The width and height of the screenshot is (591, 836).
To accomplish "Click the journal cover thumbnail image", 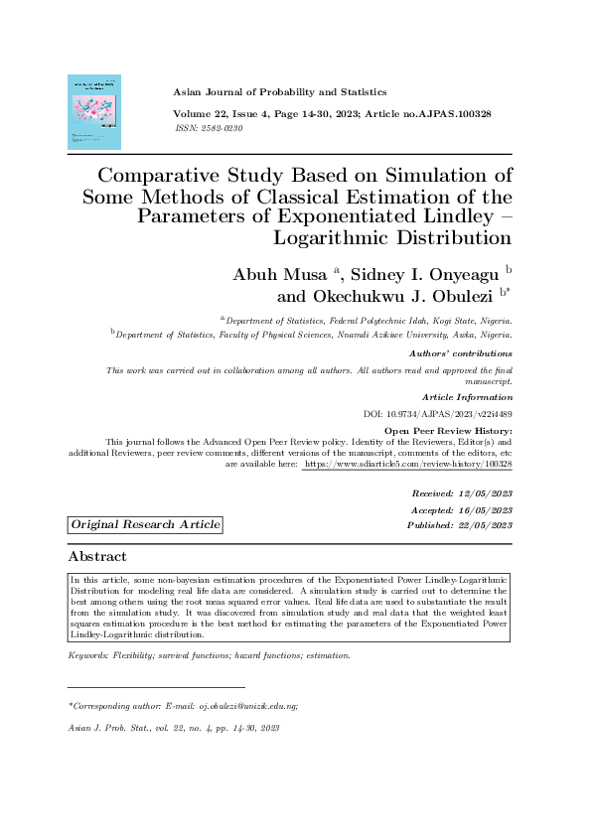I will tap(93, 112).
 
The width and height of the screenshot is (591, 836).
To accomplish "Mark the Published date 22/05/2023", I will tap(484, 524).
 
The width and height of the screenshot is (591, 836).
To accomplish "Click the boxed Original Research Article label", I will tap(145, 524).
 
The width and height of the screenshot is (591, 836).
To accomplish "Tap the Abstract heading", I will tap(97, 557).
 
